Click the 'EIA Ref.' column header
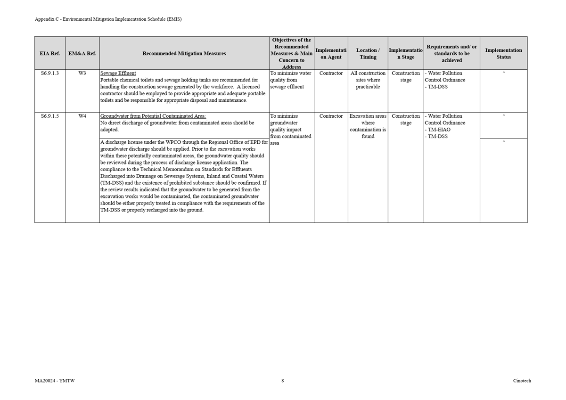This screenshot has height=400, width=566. [50, 54]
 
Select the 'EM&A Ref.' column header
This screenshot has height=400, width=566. [82, 54]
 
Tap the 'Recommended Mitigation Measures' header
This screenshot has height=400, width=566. [184, 54]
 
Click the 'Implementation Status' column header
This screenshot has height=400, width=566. [503, 54]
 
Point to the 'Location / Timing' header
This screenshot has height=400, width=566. [368, 54]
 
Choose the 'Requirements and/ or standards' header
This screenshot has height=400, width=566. [451, 53]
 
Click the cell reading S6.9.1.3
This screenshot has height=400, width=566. [50, 73]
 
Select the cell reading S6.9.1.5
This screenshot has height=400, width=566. [50, 116]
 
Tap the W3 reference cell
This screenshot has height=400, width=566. [82, 73]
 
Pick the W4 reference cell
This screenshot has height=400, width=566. [82, 116]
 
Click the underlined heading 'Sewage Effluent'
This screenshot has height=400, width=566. [118, 73]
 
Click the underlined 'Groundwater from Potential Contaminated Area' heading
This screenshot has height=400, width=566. [153, 116]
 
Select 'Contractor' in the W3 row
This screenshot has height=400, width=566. [331, 73]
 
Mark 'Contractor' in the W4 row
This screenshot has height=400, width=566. [331, 116]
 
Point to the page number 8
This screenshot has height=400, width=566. [283, 381]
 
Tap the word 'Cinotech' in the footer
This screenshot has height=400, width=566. [522, 381]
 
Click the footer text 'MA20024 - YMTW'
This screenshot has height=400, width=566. [55, 381]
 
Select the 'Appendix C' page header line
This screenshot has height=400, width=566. [108, 19]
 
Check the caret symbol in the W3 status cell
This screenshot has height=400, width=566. [504, 73]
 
